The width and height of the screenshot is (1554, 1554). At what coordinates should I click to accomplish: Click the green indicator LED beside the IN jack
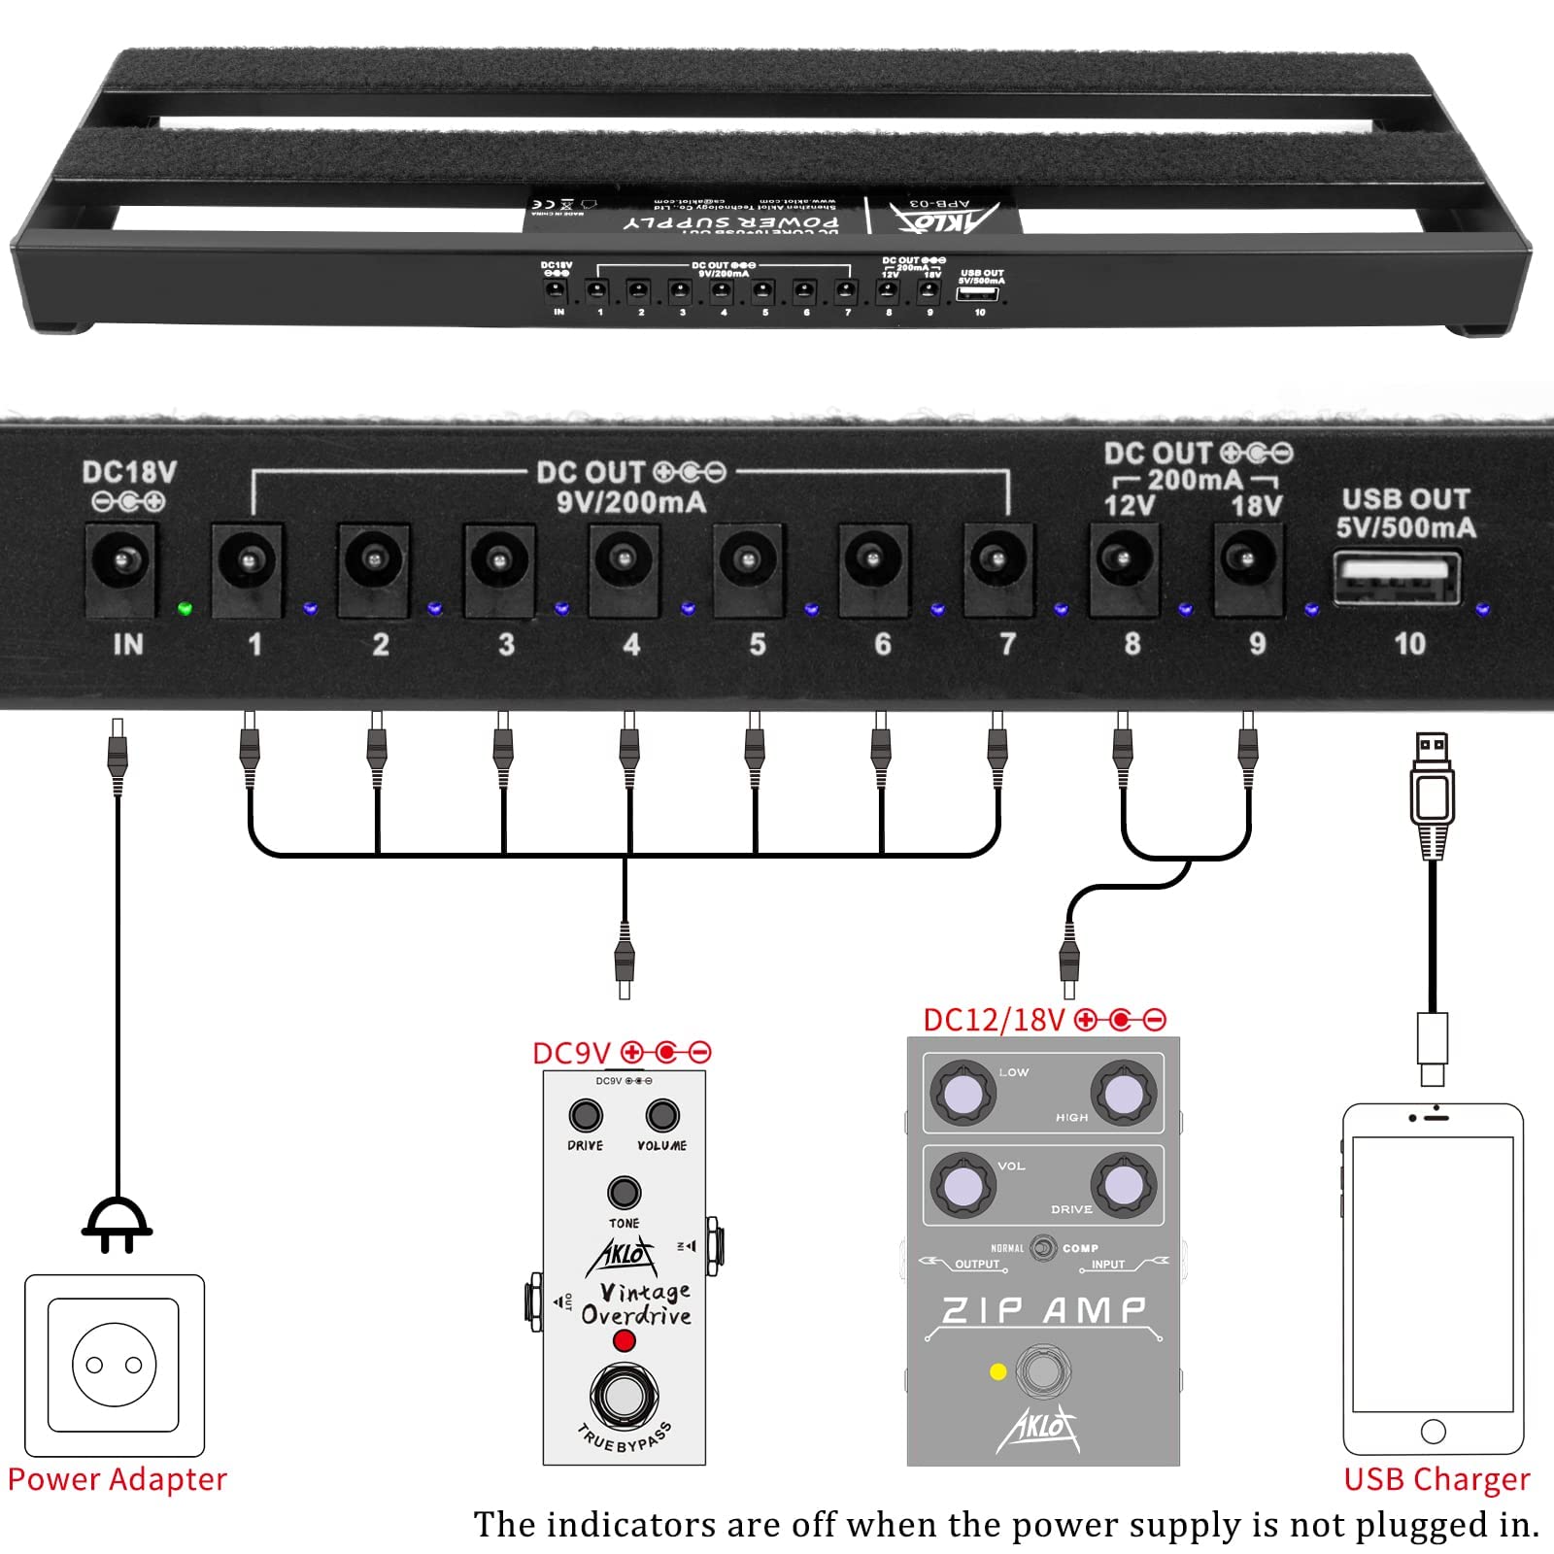(x=185, y=609)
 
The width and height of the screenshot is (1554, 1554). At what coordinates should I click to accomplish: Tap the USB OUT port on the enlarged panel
(x=1397, y=578)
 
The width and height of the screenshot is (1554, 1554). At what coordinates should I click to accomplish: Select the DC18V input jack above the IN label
(x=121, y=561)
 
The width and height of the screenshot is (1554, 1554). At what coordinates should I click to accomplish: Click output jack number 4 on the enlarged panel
(x=623, y=560)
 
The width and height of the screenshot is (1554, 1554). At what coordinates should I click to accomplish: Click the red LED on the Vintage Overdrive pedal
(x=624, y=1341)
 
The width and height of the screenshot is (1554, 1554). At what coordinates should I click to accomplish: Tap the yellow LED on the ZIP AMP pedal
(x=997, y=1371)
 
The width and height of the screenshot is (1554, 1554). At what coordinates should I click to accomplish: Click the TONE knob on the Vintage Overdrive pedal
(x=624, y=1193)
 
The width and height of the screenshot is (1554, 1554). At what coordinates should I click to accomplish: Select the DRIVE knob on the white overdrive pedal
(x=586, y=1115)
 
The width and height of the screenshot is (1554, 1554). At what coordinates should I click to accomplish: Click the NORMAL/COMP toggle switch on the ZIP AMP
(x=1043, y=1247)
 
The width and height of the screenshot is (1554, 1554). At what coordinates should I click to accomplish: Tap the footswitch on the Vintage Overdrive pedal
(x=624, y=1396)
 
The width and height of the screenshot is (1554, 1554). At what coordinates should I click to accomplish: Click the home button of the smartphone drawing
(x=1433, y=1431)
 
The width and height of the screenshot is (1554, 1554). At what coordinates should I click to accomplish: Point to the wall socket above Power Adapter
(x=115, y=1365)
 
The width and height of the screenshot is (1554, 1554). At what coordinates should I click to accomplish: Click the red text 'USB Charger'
(x=1436, y=1479)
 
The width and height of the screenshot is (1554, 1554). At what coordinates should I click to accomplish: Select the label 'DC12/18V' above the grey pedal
(x=994, y=1020)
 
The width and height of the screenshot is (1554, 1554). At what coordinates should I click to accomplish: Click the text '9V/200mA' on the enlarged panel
(x=630, y=502)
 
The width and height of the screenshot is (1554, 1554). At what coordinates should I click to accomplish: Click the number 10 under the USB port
(x=1409, y=644)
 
